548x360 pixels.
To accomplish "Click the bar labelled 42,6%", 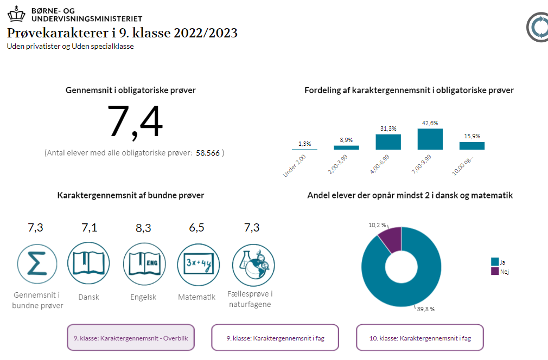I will point(430,139).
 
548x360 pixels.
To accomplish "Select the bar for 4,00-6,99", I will point(388,142).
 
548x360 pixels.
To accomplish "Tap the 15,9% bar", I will point(471,145).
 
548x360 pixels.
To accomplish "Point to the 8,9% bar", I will point(346,147).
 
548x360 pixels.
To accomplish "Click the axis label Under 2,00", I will point(295,165).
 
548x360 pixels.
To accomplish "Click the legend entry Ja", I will point(498,261).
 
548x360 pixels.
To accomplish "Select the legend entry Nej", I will point(499,271).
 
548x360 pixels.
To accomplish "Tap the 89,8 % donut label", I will point(425,309).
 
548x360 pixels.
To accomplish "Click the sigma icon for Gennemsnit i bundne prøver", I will point(35,263).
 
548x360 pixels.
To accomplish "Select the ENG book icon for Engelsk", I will point(143,263).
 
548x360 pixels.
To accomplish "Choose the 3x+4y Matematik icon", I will point(196,263).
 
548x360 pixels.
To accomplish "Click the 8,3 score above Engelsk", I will point(143,228).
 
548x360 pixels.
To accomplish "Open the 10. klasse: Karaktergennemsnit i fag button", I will point(419,337).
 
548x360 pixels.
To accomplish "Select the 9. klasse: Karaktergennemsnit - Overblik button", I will point(130,337).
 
